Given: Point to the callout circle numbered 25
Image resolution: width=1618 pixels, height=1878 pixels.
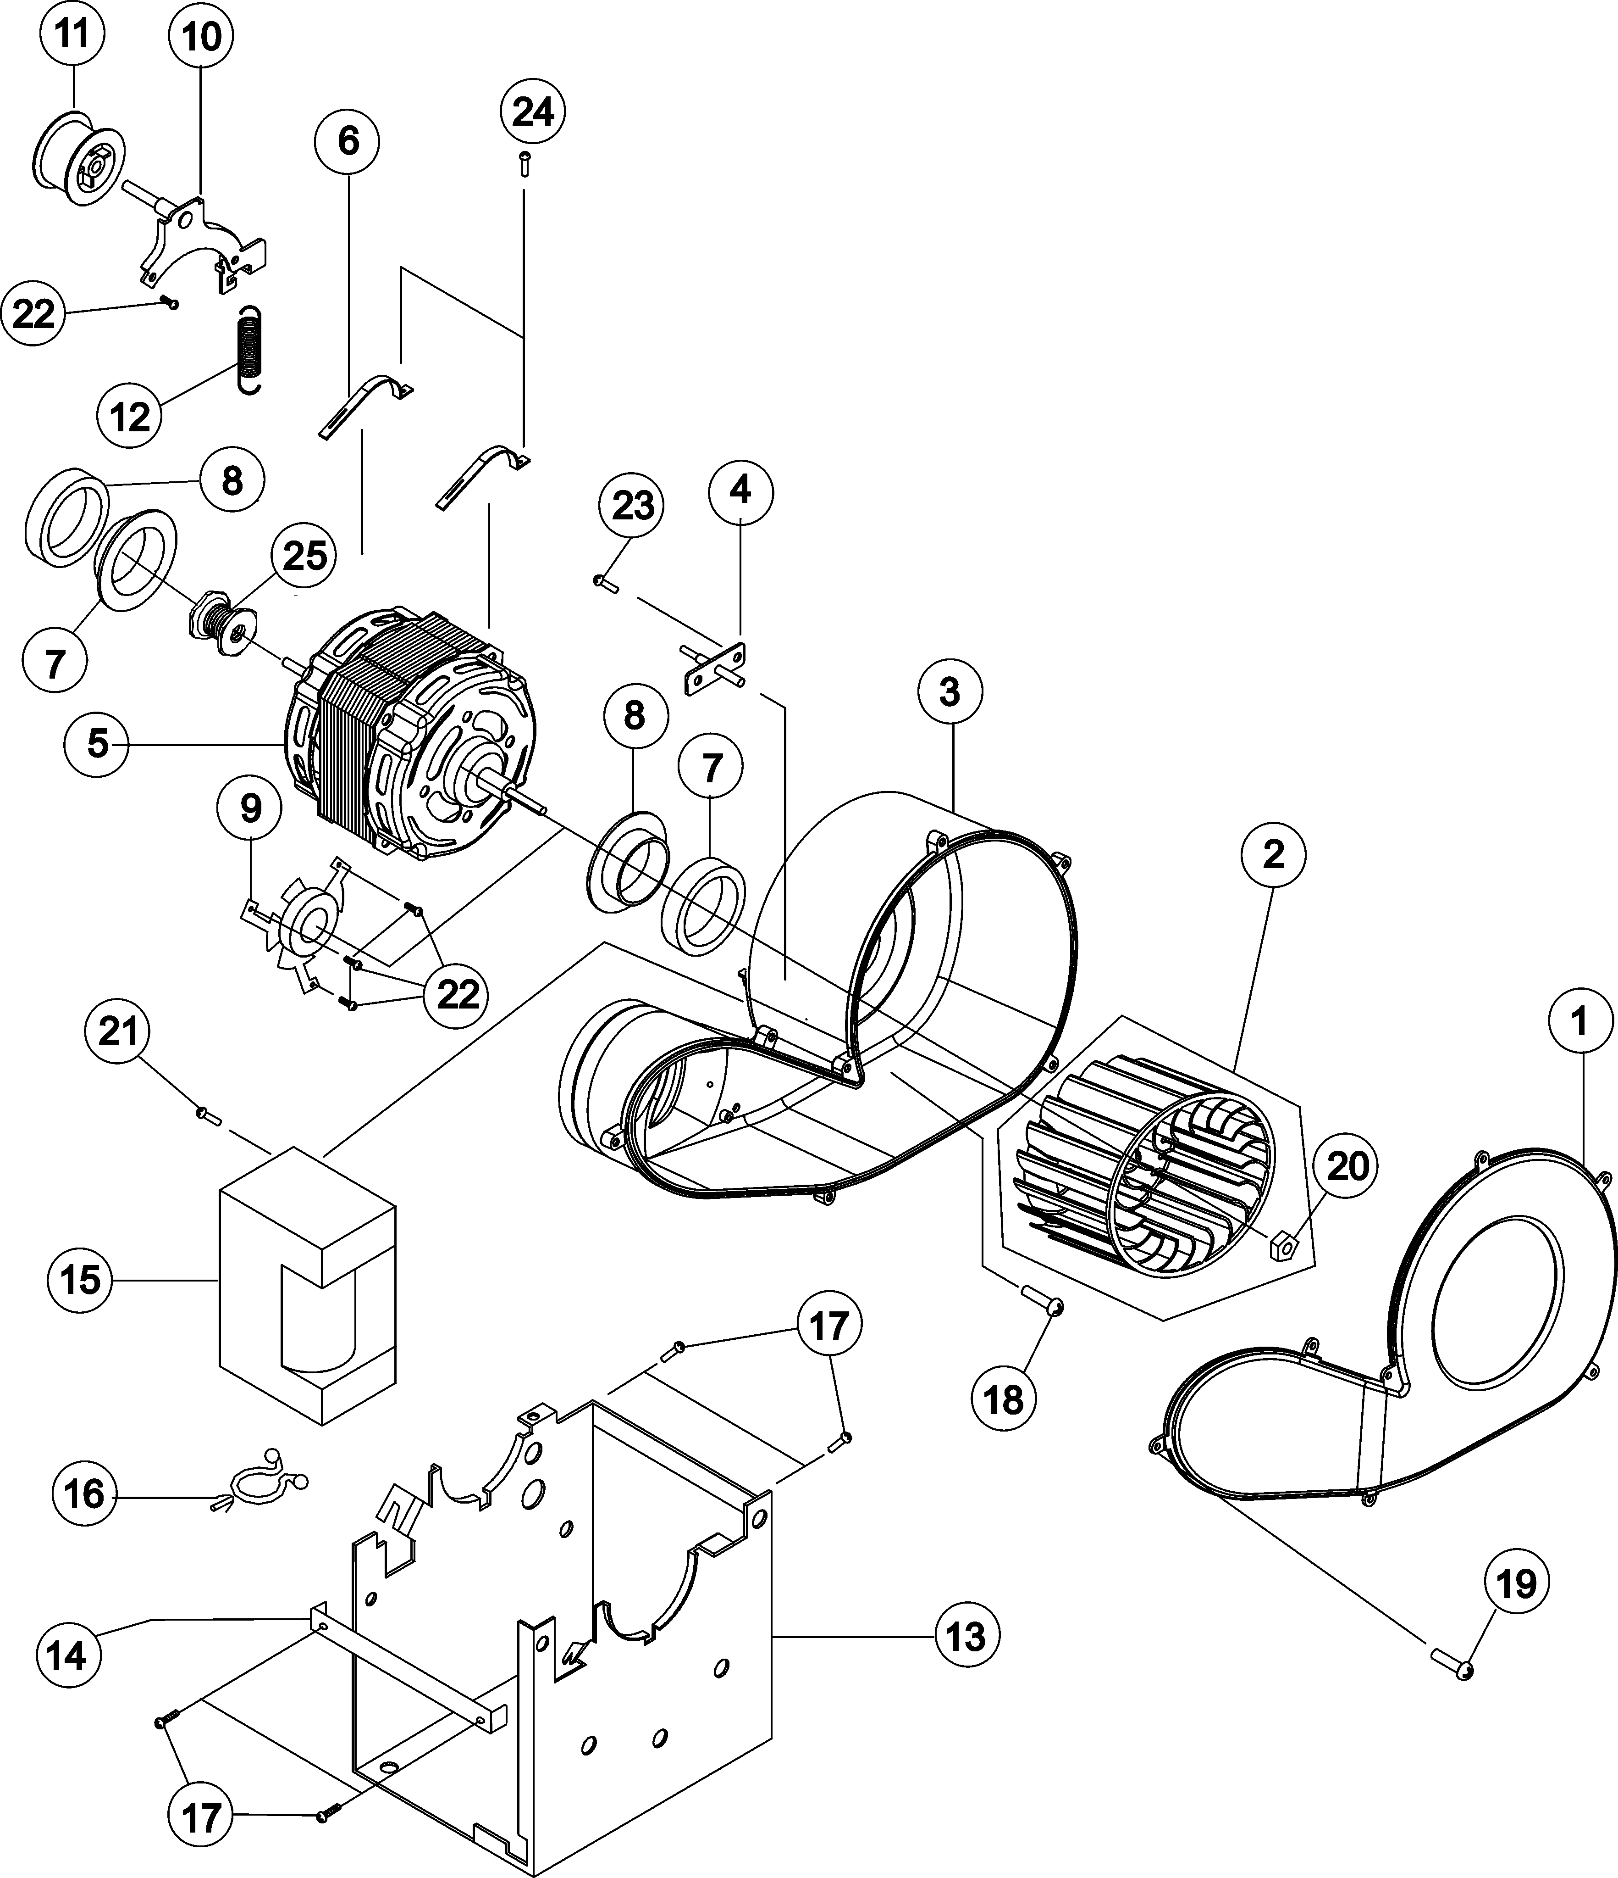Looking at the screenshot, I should (x=304, y=556).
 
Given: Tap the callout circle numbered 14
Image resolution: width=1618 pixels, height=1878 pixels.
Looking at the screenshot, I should (x=67, y=1656).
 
